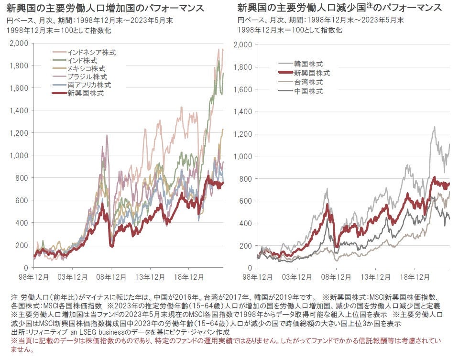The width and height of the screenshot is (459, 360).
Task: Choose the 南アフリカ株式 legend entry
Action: (x=89, y=85)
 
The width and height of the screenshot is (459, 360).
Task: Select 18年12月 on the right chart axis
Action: (x=415, y=277)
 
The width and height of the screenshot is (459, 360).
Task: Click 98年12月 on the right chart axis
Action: (x=258, y=277)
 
